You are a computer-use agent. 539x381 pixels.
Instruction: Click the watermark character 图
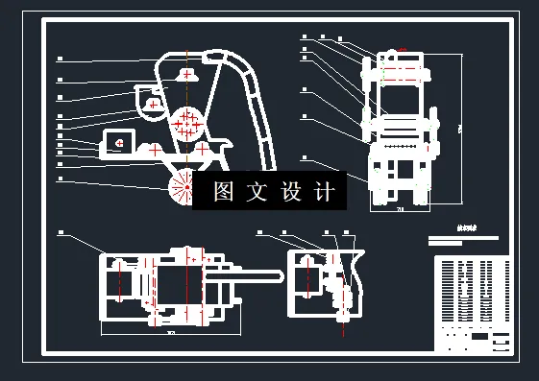coord(224,192)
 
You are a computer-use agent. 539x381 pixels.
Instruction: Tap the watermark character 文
coord(257,192)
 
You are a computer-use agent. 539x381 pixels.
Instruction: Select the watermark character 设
coord(292,192)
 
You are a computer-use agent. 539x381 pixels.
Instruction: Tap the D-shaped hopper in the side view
coord(150,100)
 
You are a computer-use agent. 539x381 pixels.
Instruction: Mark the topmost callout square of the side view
coord(60,59)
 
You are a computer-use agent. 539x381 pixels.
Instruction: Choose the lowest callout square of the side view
coord(60,178)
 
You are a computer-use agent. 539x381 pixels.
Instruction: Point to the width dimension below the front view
coord(399,208)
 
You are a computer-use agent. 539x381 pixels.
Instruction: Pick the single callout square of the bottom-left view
coord(60,232)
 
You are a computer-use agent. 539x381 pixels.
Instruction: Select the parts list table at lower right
coord(471,303)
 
